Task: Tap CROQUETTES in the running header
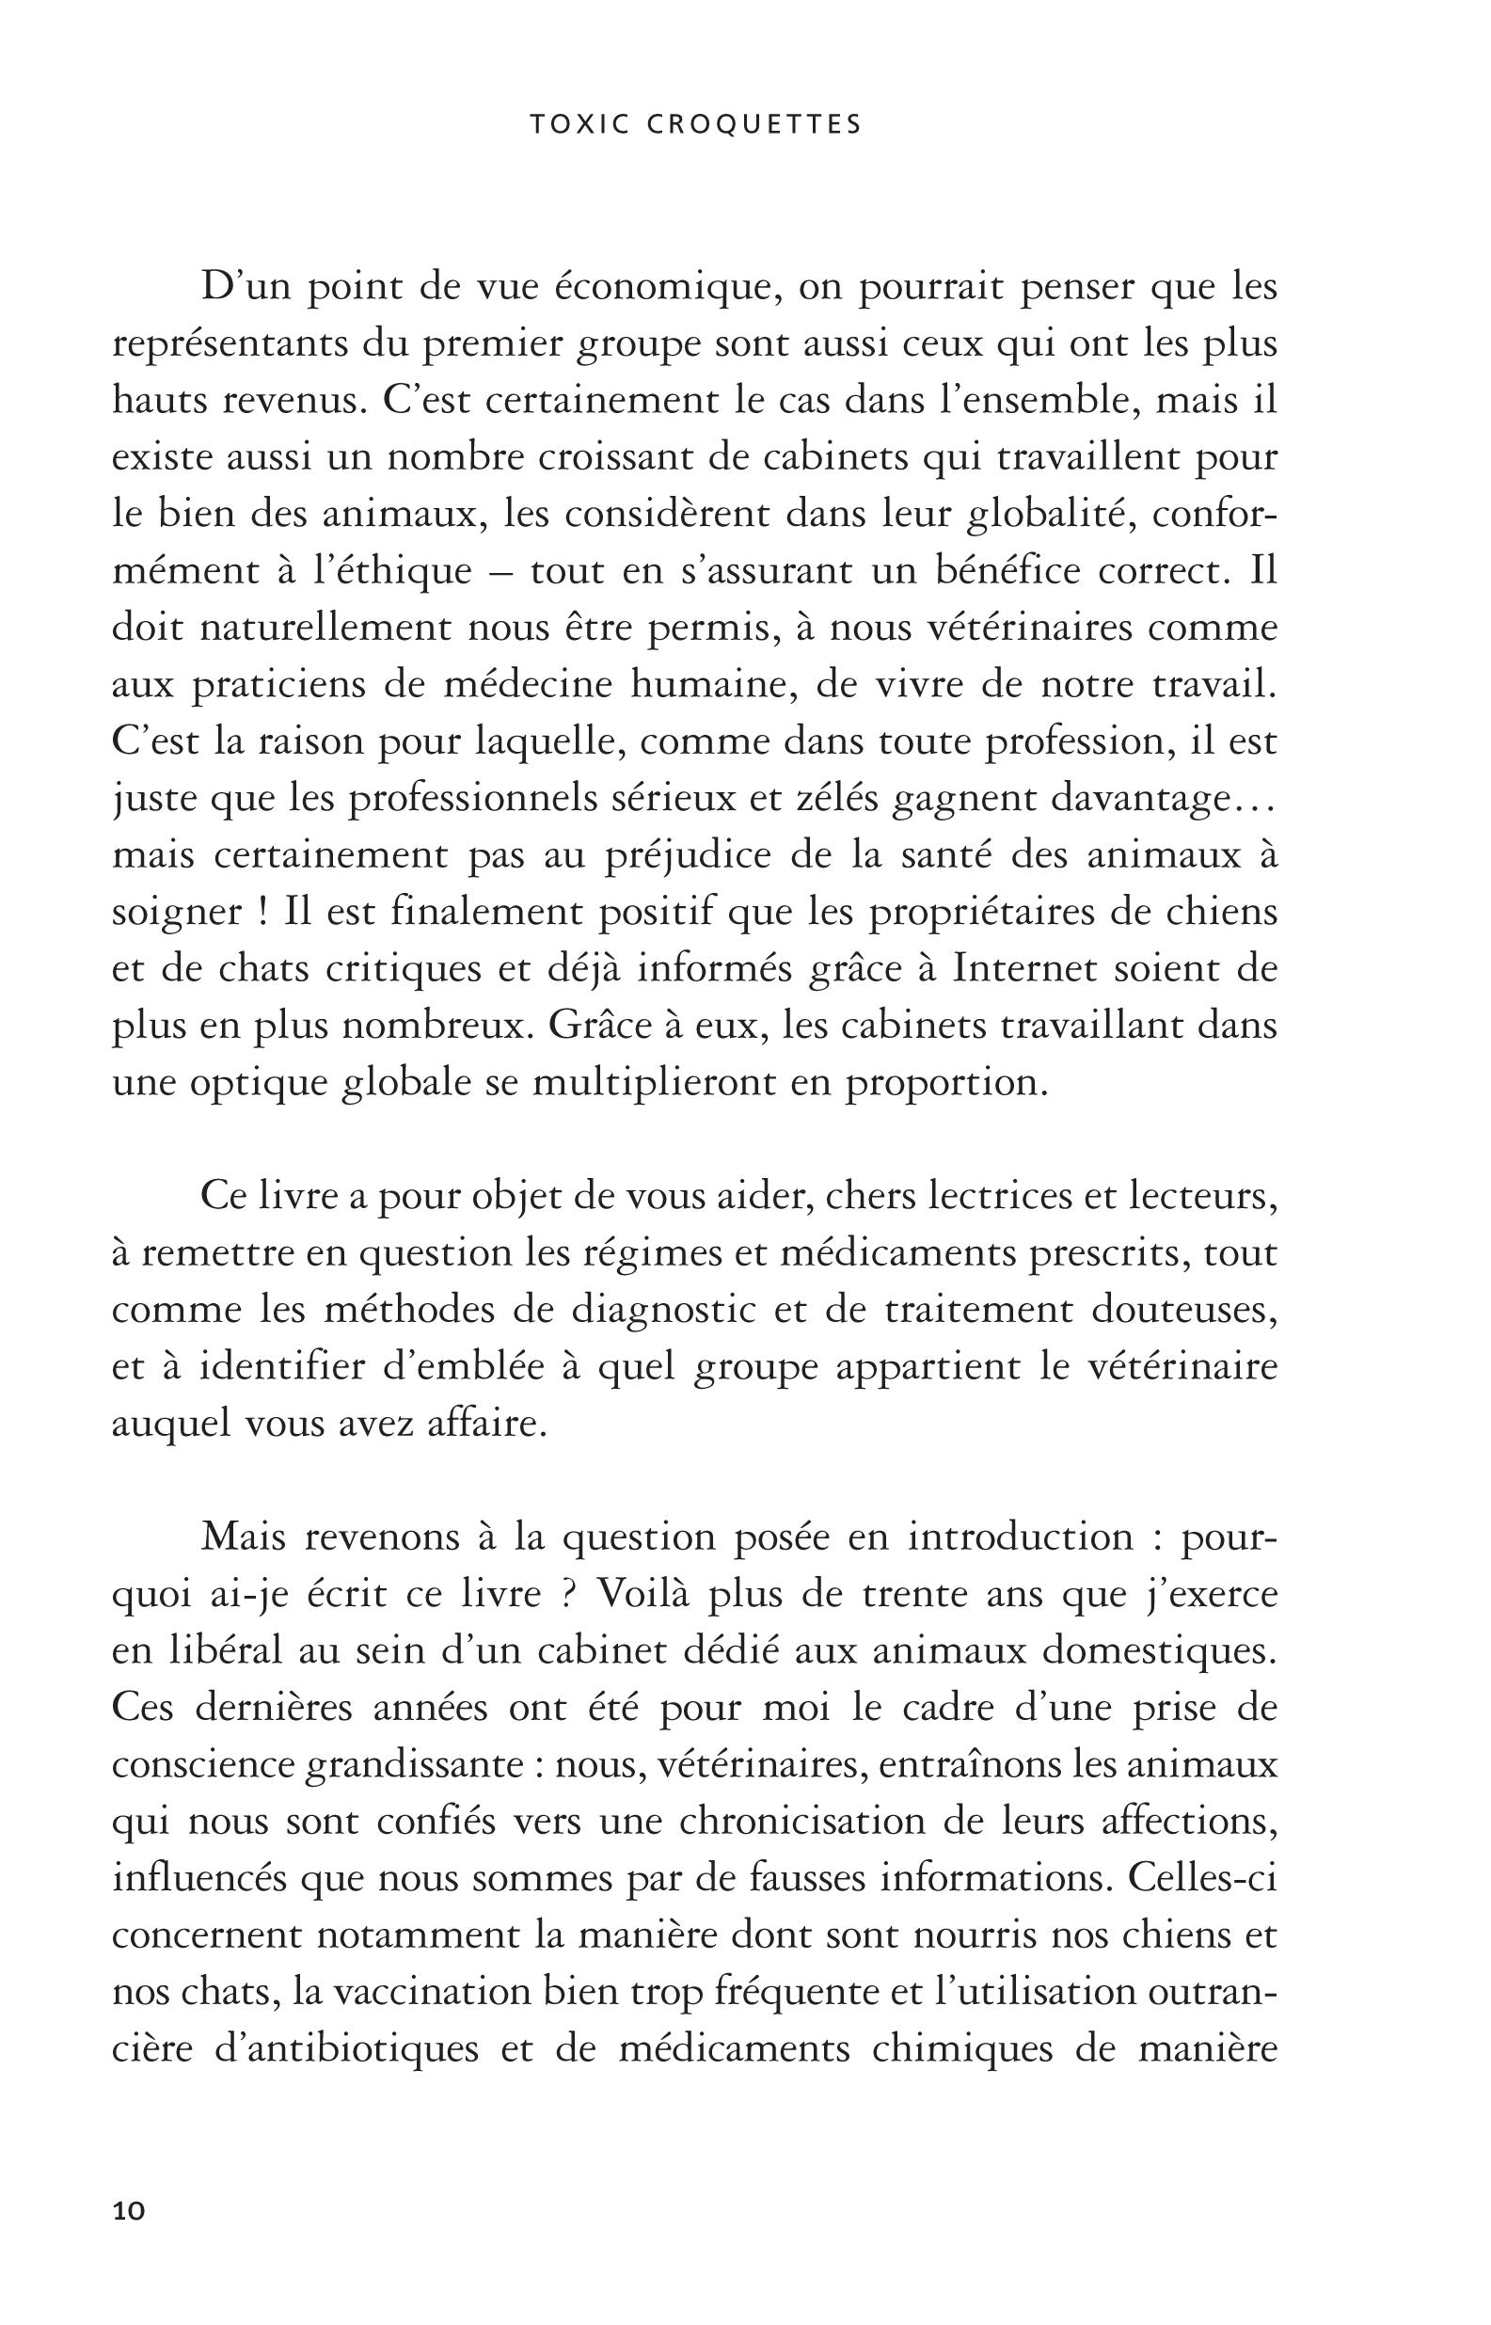(x=755, y=125)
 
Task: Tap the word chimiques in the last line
(x=961, y=2050)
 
